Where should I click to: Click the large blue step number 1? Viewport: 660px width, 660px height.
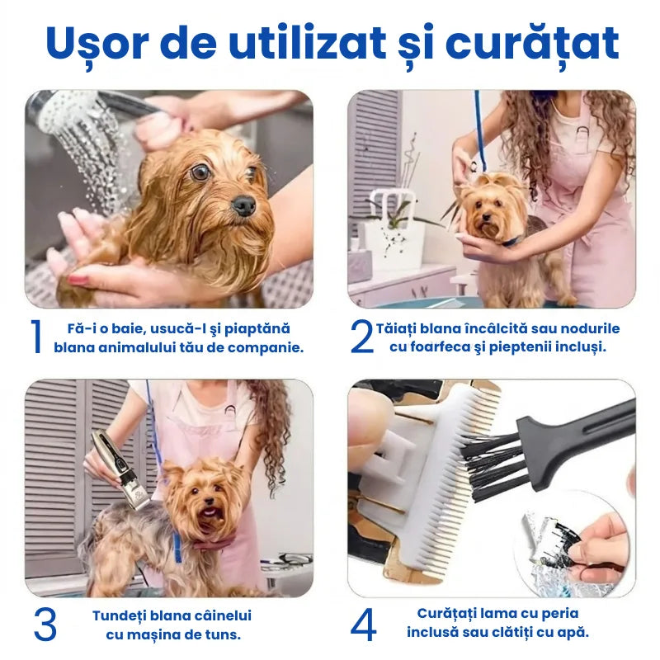35,337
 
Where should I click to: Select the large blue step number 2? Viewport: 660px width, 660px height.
361,337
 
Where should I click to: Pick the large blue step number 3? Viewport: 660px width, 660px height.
45,625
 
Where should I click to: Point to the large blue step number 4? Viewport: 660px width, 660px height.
363,625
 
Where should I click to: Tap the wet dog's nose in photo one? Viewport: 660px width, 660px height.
243,205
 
